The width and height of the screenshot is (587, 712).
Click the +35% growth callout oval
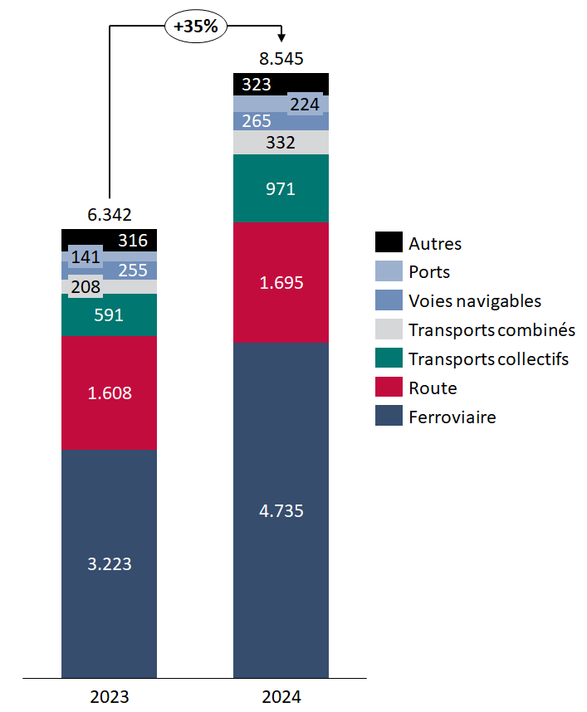pos(195,26)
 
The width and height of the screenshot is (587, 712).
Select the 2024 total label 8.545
pos(281,59)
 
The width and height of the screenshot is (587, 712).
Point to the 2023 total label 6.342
pos(110,215)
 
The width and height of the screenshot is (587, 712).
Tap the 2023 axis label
pos(110,696)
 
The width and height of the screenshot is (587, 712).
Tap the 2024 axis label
pos(281,696)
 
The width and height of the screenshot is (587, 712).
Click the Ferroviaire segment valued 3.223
pos(110,563)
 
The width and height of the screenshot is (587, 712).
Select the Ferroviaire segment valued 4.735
pos(281,510)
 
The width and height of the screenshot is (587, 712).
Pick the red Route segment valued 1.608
pos(110,393)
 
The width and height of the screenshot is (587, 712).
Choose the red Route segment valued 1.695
pos(281,282)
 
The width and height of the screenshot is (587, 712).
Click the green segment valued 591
pos(110,315)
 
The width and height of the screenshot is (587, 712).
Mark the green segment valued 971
pos(281,188)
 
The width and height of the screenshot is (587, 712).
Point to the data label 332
pos(281,143)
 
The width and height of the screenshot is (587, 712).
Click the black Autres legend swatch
pos(389,243)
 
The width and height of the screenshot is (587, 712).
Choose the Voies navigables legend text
pos(475,300)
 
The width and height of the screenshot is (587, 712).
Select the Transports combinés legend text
pos(492,329)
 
